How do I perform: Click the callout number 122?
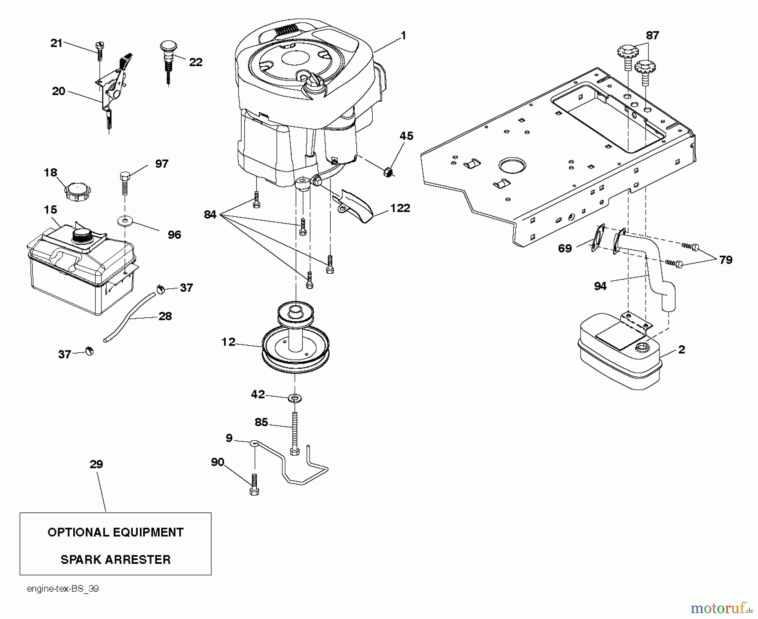[x=400, y=208]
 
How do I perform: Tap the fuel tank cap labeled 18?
[x=77, y=191]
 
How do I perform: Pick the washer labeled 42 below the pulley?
[x=295, y=398]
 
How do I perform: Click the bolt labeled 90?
[x=254, y=485]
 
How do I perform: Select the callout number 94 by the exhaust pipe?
[x=600, y=286]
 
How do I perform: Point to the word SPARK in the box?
[x=80, y=560]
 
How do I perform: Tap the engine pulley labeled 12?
[x=295, y=345]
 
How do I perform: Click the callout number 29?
[x=96, y=464]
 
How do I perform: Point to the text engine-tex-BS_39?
[x=63, y=589]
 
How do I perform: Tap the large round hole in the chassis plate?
[x=512, y=166]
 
